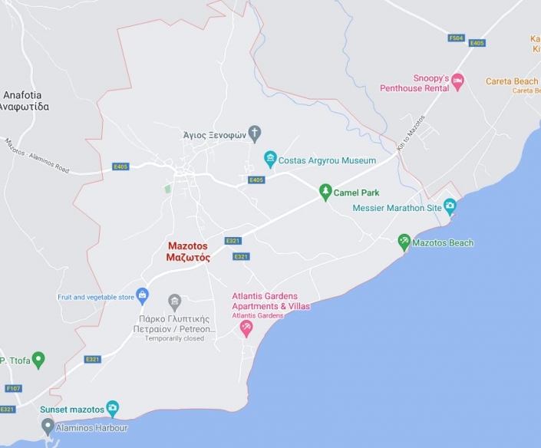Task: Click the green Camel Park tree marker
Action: pos(325,191)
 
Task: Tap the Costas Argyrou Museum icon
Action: pos(270,160)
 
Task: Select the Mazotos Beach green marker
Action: pos(404,242)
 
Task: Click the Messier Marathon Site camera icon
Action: pos(450,206)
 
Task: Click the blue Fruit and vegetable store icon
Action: pos(142,296)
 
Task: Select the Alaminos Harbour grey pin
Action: pos(48,427)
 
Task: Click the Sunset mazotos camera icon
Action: pos(113,409)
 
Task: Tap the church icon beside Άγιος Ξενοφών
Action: pos(255,133)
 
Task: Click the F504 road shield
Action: pos(457,38)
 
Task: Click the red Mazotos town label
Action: pos(188,252)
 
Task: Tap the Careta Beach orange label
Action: pos(512,81)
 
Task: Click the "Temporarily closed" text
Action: pos(175,338)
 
